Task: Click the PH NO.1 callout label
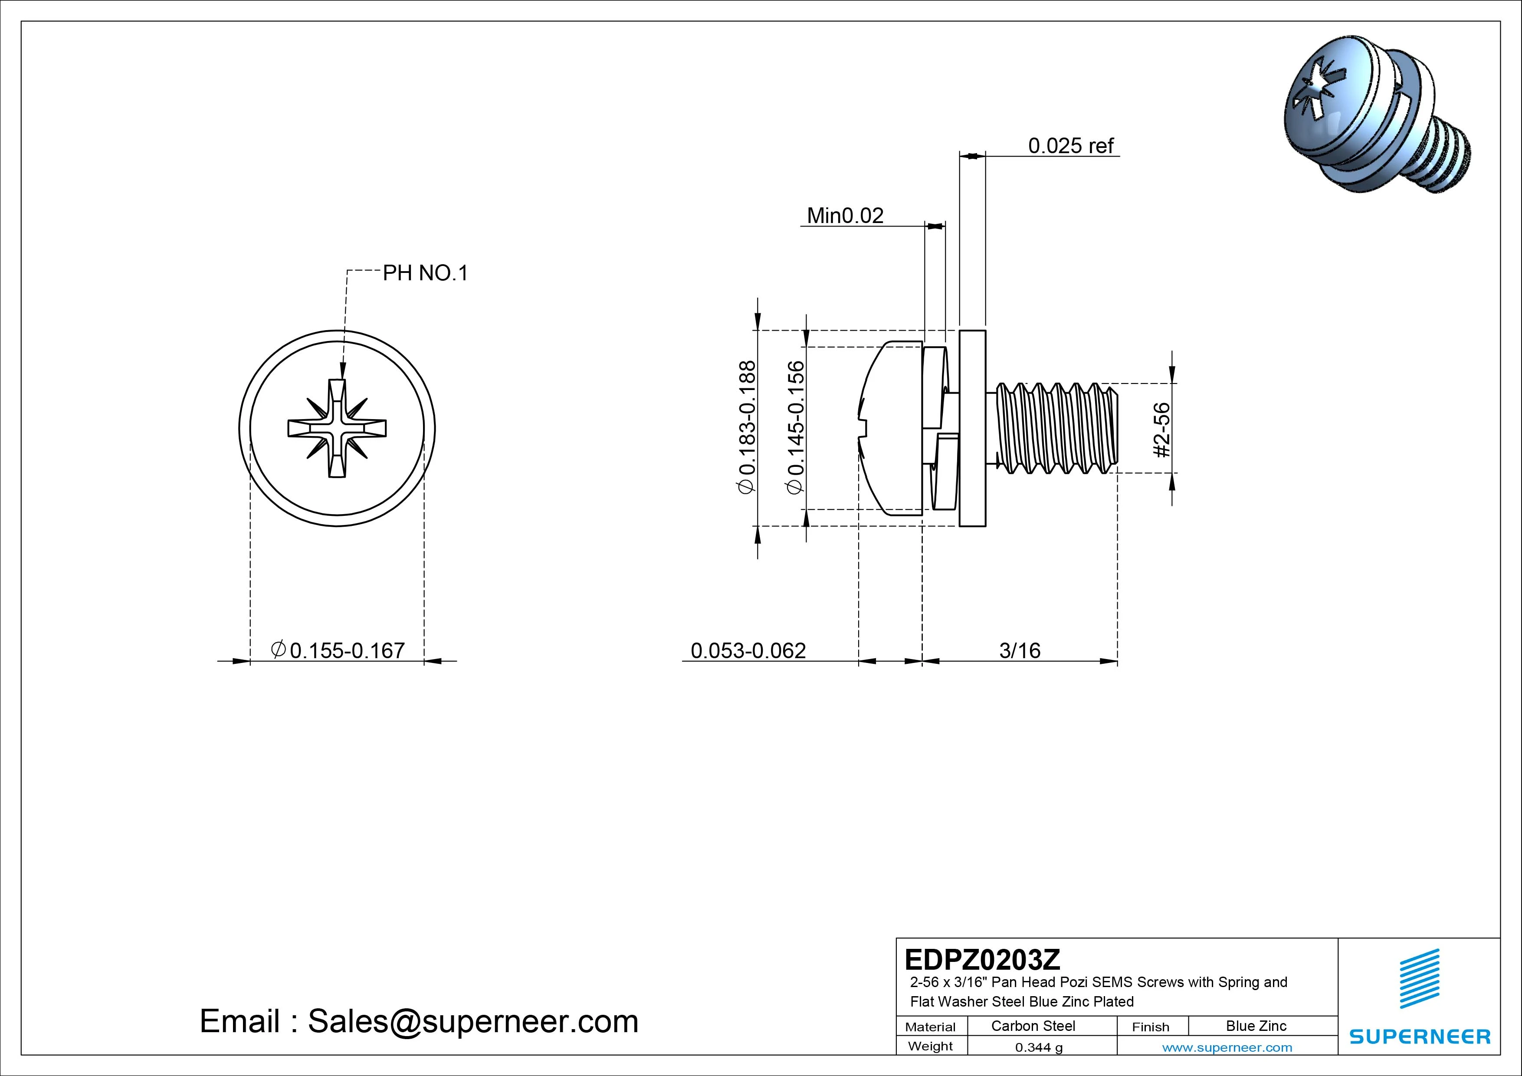[x=425, y=273]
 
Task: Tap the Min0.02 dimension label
[x=845, y=216]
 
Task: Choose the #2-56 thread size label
[x=1162, y=430]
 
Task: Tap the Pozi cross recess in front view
[x=337, y=428]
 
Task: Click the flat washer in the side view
[x=972, y=428]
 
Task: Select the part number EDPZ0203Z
[x=982, y=959]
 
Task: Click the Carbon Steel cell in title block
[x=1033, y=1026]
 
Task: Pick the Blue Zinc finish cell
[x=1256, y=1026]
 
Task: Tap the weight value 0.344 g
[x=1039, y=1047]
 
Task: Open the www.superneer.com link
[x=1227, y=1047]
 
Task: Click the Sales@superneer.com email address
[x=472, y=1021]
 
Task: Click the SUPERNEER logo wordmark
[x=1419, y=1036]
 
